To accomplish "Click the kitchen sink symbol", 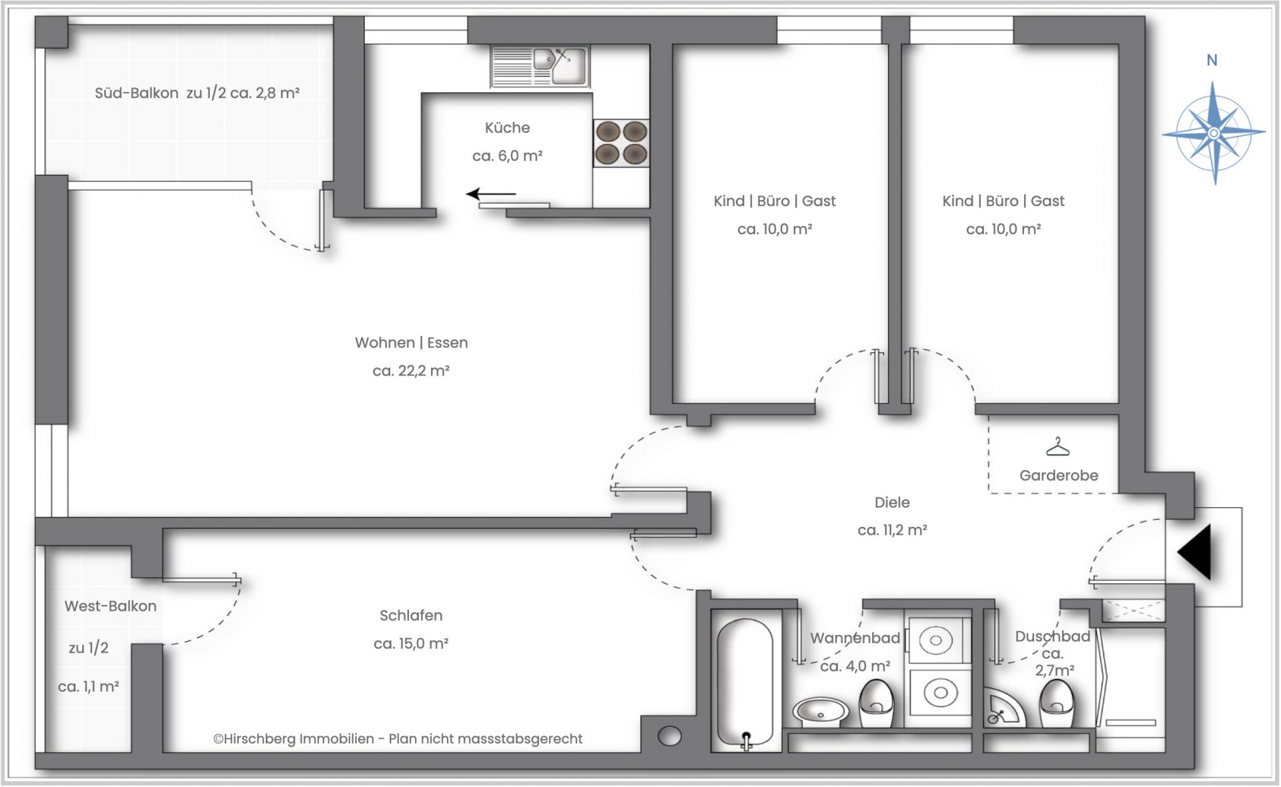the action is click(540, 66).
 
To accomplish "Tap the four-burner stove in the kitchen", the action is click(621, 143).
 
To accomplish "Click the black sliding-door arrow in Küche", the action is click(491, 194).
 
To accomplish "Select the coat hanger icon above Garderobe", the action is click(1057, 447).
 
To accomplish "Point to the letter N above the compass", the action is click(1212, 60).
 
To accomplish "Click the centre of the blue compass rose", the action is click(1214, 133).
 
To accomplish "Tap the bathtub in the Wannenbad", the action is click(746, 683).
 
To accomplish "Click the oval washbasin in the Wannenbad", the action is click(821, 712).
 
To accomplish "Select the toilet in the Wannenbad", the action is click(876, 704).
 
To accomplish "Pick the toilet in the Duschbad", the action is click(1057, 704).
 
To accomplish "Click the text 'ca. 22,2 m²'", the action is click(411, 371).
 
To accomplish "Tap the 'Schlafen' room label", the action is click(411, 616).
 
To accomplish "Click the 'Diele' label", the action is click(892, 502).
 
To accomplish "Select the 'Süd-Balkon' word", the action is click(137, 93).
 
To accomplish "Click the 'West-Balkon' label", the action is click(111, 606).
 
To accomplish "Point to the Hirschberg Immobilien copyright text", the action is click(398, 739).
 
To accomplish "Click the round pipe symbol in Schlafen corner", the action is click(669, 736).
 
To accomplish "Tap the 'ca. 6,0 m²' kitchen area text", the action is click(508, 156).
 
